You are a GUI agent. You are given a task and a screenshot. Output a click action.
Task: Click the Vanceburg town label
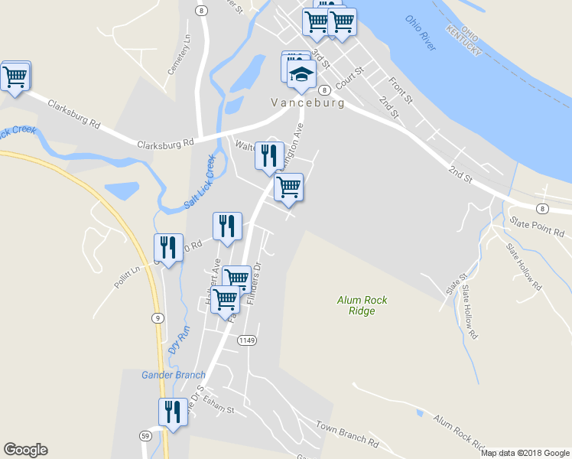click(x=307, y=103)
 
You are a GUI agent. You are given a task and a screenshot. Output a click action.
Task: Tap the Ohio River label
click(x=421, y=34)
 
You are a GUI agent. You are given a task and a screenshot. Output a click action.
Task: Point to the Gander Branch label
click(x=174, y=375)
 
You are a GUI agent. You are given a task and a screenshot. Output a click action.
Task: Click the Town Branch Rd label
click(x=347, y=434)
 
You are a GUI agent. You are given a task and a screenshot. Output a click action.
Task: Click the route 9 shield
click(x=157, y=317)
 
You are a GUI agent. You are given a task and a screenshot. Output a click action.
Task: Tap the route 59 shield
click(x=145, y=435)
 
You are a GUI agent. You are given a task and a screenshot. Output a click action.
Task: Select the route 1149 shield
click(x=246, y=340)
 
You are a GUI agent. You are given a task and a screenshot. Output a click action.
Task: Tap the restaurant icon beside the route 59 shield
click(x=173, y=413)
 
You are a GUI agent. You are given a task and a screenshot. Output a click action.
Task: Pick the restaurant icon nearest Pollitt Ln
click(x=168, y=248)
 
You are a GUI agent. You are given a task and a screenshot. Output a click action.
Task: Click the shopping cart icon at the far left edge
click(x=15, y=76)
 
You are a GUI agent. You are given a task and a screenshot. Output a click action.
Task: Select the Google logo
click(x=25, y=450)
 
